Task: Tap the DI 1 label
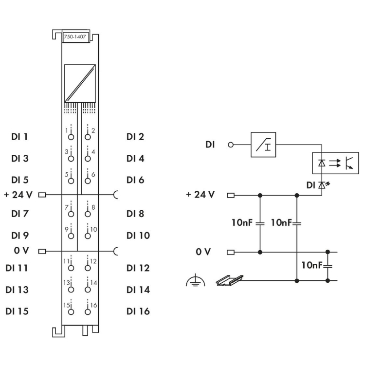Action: [19, 137]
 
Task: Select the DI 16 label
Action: [138, 311]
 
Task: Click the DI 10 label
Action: [138, 236]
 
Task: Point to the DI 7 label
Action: [19, 214]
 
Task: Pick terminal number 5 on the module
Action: [67, 174]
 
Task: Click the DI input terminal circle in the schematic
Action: [231, 145]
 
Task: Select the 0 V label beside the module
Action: [21, 251]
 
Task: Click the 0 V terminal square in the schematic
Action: [231, 253]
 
